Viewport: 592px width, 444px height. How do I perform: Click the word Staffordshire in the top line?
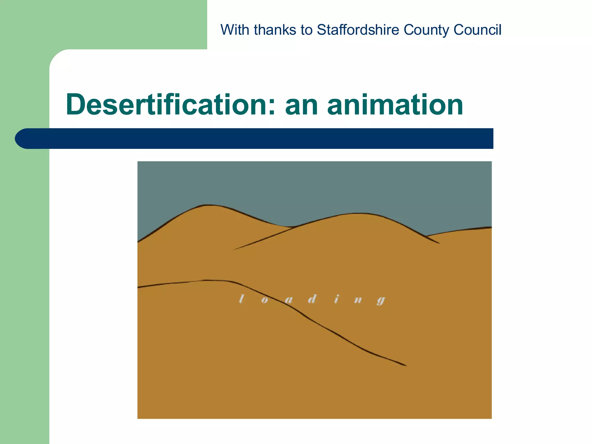[x=358, y=30]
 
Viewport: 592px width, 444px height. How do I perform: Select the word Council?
[x=477, y=30]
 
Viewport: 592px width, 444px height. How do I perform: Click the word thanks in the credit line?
[x=275, y=30]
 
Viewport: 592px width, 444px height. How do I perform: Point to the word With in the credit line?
[x=235, y=30]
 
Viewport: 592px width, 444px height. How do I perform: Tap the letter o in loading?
[x=264, y=300]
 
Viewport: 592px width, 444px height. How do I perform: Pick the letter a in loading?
[x=288, y=300]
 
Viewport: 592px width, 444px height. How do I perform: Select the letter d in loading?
[x=312, y=299]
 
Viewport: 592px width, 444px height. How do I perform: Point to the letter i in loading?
[x=336, y=299]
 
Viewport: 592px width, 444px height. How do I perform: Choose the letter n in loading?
[x=358, y=300]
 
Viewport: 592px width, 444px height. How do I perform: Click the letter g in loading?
[x=381, y=301]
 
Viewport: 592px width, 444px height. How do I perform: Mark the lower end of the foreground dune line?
[x=405, y=365]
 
